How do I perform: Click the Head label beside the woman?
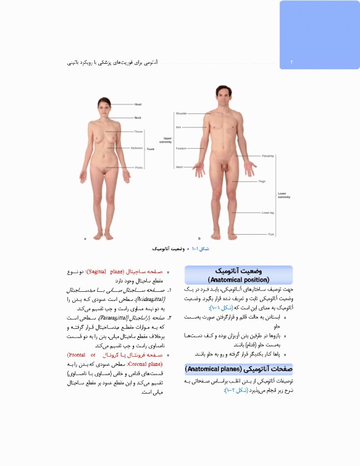coord(138,104)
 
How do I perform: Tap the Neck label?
coord(138,117)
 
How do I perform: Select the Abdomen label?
coord(137,147)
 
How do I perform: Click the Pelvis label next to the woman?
coord(138,167)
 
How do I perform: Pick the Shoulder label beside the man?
coord(182,113)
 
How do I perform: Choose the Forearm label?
coord(181,147)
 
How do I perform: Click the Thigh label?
coord(262,181)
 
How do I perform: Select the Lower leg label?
coord(268,213)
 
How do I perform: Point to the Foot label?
coord(271,234)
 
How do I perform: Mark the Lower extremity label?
coord(284,195)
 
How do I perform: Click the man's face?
coord(219,96)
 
